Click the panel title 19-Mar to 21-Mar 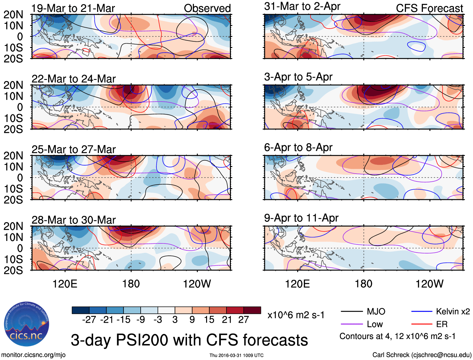point(73,8)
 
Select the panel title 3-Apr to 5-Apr point(298,77)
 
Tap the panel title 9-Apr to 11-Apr point(301,218)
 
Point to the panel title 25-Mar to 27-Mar point(74,149)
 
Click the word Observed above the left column point(207,8)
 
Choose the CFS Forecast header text point(429,8)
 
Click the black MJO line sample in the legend point(351,311)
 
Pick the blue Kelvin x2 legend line point(422,311)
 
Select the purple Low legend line point(351,324)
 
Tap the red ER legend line point(422,324)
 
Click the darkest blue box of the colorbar point(81,310)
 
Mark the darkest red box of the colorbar point(252,310)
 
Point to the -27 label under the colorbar point(89,320)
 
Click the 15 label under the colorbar point(209,320)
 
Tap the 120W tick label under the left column point(197,284)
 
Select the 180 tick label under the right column point(363,284)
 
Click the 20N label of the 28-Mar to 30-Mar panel point(13,226)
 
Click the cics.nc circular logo point(27,324)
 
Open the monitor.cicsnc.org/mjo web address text point(34,355)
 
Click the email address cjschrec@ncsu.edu point(441,355)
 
